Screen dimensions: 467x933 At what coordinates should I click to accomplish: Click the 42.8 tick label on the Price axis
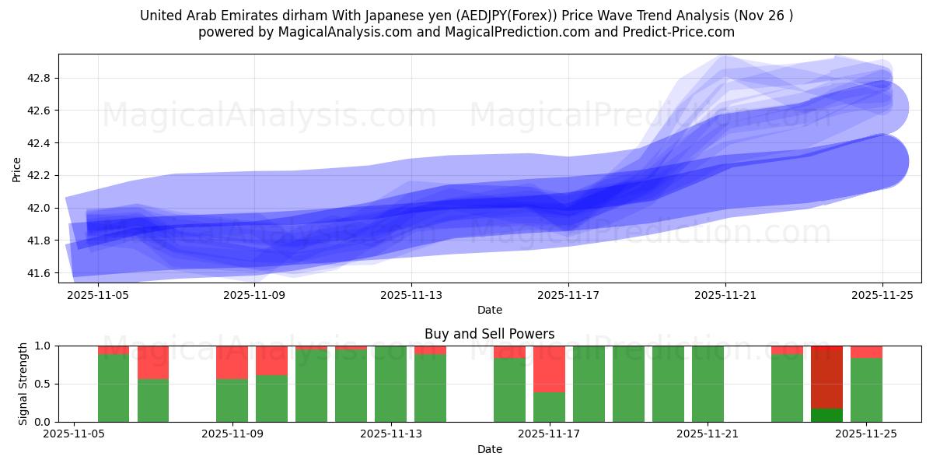[x=38, y=78]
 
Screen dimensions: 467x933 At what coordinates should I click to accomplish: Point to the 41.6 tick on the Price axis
[x=38, y=273]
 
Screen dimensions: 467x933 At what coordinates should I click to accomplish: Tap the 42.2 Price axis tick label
[x=38, y=176]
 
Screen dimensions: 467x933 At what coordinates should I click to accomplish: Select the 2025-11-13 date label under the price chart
[x=411, y=296]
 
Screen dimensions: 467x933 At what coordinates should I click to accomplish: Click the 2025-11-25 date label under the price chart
[x=882, y=296]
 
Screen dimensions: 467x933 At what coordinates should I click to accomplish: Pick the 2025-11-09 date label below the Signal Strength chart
[x=232, y=434]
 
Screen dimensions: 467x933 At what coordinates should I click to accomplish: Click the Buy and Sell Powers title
[x=489, y=334]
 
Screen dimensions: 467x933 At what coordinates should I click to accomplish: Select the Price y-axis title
[x=16, y=170]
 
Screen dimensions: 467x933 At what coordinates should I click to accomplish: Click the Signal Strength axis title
[x=23, y=384]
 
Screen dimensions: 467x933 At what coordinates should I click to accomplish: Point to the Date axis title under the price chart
[x=489, y=310]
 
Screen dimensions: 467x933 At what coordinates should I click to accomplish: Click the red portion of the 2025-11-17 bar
[x=549, y=368]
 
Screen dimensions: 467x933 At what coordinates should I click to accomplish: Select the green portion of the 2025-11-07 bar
[x=153, y=400]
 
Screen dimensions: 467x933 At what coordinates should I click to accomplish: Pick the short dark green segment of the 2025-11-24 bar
[x=826, y=416]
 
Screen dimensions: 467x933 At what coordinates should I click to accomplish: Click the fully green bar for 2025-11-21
[x=708, y=384]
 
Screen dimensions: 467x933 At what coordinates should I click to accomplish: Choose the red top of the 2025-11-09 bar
[x=232, y=362]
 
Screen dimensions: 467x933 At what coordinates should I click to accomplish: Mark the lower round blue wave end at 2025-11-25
[x=882, y=162]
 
